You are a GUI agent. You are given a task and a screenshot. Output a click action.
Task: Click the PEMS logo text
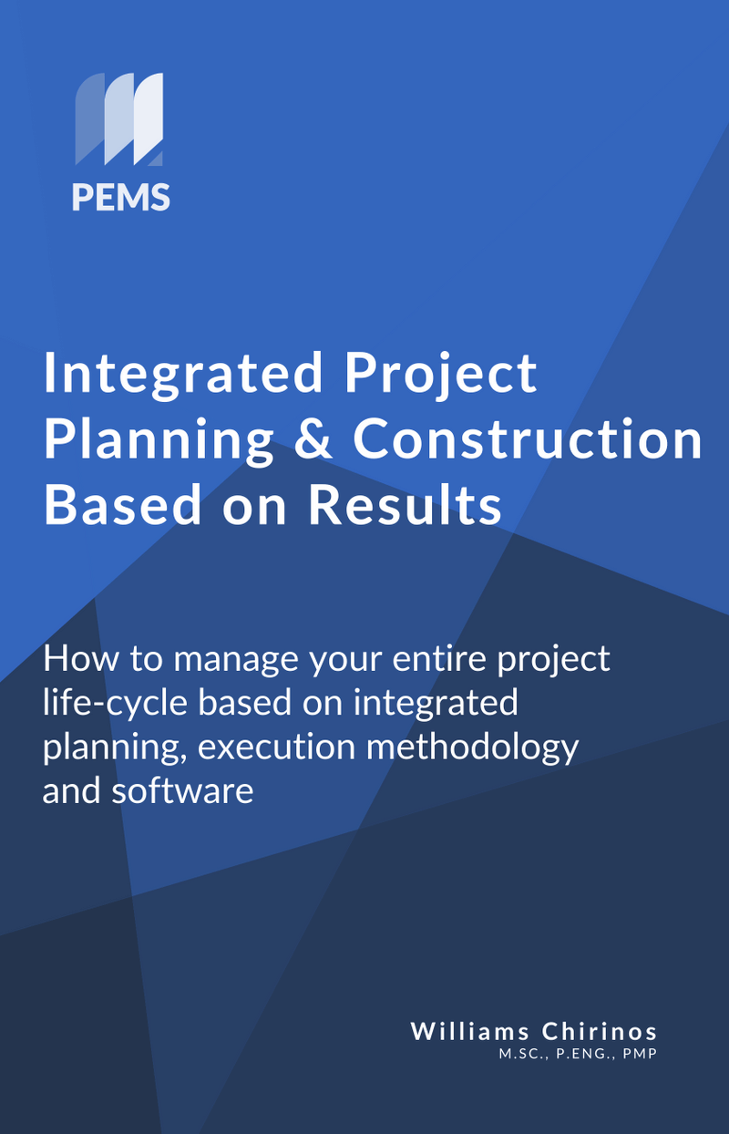tap(121, 197)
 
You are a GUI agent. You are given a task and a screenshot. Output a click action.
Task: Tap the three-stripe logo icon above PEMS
tap(119, 119)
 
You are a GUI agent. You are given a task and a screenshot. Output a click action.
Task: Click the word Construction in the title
tap(528, 439)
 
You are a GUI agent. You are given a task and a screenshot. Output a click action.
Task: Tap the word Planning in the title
tap(159, 439)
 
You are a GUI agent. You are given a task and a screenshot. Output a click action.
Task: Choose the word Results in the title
tap(405, 505)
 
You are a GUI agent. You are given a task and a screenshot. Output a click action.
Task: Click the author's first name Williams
tap(470, 1031)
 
